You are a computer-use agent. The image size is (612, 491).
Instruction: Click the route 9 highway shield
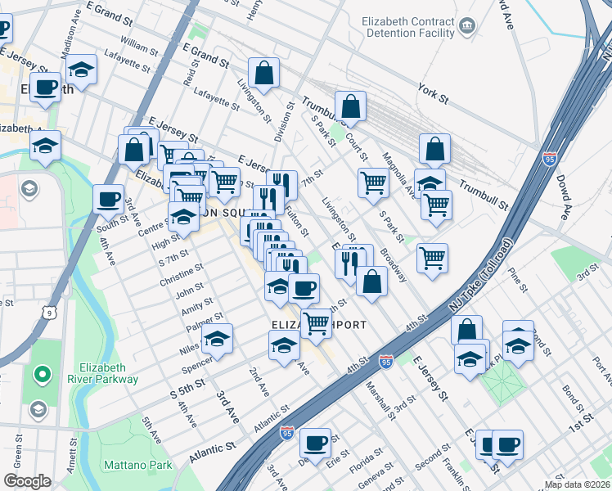(x=51, y=312)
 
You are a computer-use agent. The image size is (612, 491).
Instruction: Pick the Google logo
(x=27, y=481)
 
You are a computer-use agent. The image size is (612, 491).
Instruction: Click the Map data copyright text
(x=578, y=484)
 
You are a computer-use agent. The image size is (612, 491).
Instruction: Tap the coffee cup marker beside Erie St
(x=315, y=444)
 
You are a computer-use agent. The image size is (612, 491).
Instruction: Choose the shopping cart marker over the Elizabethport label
(x=315, y=322)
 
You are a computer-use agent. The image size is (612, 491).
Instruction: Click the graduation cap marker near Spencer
(x=217, y=338)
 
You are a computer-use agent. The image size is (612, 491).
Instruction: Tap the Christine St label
(x=182, y=276)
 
